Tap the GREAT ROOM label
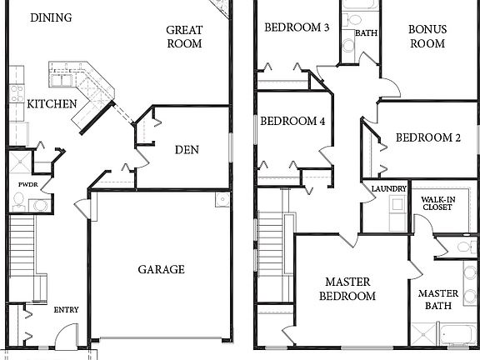click(184, 37)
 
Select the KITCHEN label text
click(52, 105)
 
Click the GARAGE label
click(161, 269)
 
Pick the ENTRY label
click(66, 310)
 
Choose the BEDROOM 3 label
click(297, 27)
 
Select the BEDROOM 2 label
click(427, 138)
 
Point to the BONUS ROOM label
click(427, 37)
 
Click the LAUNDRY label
click(388, 189)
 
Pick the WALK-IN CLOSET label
click(437, 207)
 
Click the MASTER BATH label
click(438, 299)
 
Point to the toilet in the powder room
click(36, 204)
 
